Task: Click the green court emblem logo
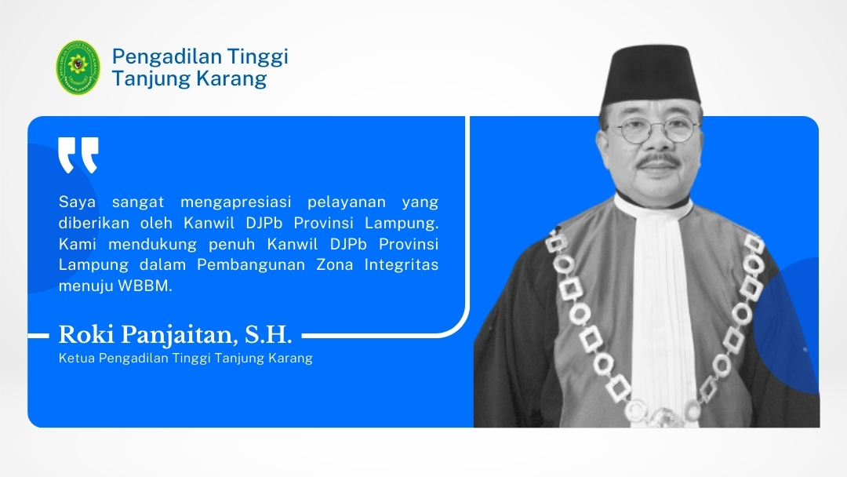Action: [x=78, y=67]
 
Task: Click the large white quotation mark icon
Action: [x=78, y=155]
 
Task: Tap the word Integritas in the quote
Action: [x=402, y=265]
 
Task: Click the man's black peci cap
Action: [x=652, y=75]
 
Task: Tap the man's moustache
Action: [x=658, y=161]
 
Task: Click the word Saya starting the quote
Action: [x=77, y=203]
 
